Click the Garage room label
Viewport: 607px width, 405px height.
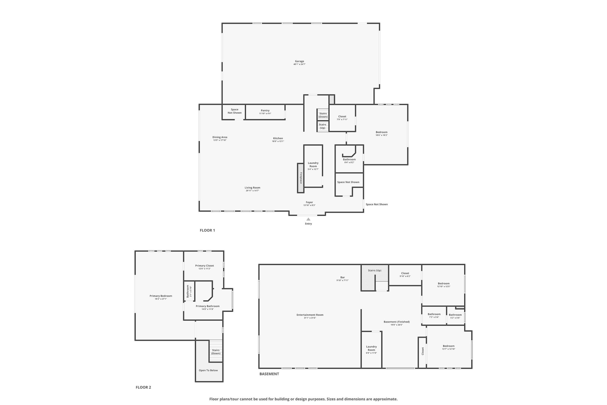point(299,61)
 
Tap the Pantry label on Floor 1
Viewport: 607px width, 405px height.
point(265,111)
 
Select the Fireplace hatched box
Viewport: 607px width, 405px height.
point(301,178)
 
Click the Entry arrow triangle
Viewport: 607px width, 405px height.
point(308,219)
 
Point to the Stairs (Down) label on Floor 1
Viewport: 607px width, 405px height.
point(323,115)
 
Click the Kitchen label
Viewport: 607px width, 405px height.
point(278,138)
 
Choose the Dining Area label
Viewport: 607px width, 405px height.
point(220,137)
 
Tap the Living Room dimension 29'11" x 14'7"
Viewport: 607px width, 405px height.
point(253,191)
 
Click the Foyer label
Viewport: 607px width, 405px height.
point(309,202)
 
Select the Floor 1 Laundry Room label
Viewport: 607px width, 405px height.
point(313,165)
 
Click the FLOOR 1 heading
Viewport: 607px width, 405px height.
point(207,230)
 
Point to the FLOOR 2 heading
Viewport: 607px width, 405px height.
point(143,387)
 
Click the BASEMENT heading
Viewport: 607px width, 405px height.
point(269,374)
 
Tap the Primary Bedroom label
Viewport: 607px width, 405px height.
point(161,296)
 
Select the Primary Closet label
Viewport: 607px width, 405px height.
point(205,266)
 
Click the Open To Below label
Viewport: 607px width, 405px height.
point(208,370)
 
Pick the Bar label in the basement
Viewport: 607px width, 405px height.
point(343,277)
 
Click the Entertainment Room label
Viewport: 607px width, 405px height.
point(310,315)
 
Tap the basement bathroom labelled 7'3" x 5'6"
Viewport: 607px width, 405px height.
point(434,315)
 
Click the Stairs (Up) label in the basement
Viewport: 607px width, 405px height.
point(375,270)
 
